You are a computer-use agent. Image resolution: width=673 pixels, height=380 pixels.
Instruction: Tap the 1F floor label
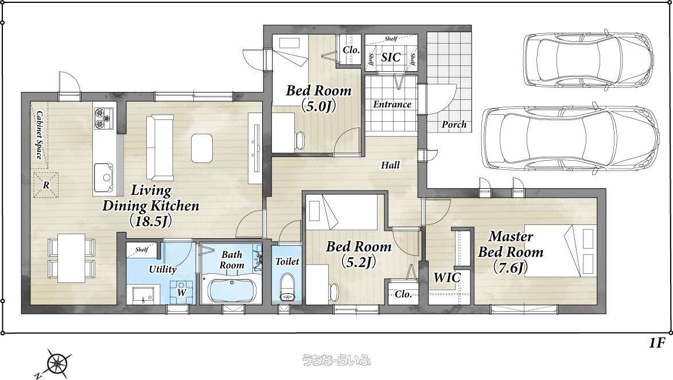tap(657, 343)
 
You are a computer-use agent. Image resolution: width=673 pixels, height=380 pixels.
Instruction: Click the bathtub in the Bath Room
tap(231, 290)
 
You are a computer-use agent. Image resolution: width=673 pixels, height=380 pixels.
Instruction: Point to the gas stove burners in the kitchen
tap(103, 118)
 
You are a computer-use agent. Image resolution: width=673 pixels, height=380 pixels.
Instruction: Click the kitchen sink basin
tap(103, 177)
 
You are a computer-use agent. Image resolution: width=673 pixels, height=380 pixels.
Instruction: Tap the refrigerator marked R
tap(45, 185)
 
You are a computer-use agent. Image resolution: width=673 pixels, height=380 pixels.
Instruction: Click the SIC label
tap(391, 57)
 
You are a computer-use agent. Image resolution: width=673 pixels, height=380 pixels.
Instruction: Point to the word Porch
tap(454, 125)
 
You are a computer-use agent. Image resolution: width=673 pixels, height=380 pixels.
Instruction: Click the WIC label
tap(447, 277)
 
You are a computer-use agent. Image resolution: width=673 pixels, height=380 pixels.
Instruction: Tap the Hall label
tap(390, 165)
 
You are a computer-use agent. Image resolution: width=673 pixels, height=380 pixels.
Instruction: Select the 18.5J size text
tap(151, 221)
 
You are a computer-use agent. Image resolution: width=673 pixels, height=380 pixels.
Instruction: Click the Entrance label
tap(392, 104)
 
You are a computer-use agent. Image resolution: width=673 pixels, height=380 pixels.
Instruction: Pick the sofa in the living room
tap(160, 148)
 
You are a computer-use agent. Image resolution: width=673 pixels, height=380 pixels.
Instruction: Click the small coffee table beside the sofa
tap(202, 148)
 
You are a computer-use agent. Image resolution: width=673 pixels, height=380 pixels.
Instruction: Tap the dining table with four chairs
tap(72, 258)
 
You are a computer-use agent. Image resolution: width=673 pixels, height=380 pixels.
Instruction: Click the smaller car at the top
tap(589, 57)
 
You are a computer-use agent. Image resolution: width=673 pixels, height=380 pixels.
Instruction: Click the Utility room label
tap(163, 269)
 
